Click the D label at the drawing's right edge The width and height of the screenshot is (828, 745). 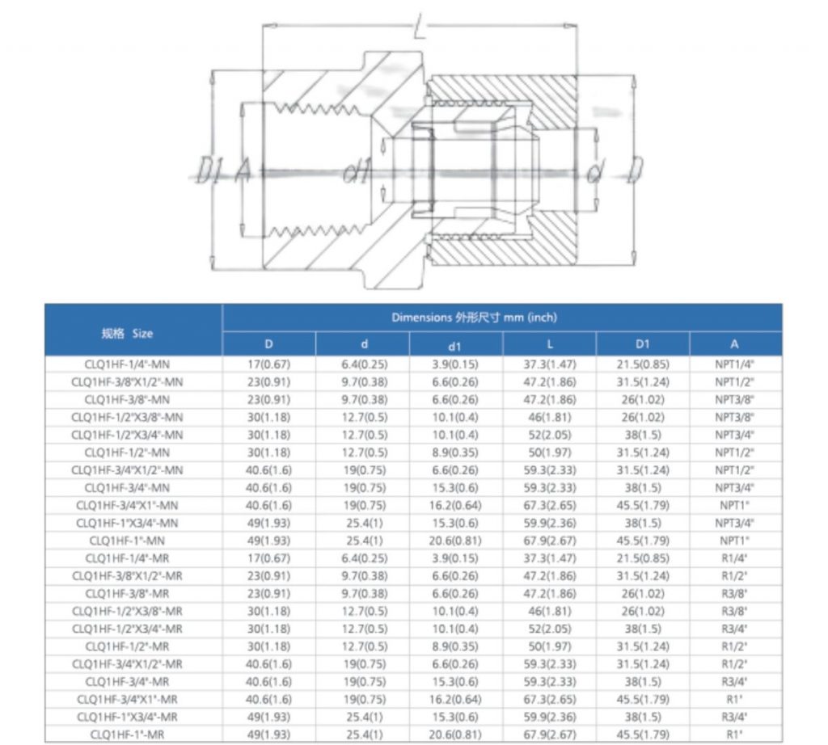636,170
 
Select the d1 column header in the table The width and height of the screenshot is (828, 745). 455,345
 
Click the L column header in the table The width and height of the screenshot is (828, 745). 549,345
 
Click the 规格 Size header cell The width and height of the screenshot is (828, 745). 127,333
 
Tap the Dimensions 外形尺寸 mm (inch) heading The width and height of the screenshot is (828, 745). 474,318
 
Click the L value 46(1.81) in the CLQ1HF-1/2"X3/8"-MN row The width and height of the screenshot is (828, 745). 549,417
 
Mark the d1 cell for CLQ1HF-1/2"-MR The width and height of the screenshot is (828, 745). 455,646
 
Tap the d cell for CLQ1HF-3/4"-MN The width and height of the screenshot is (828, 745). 363,487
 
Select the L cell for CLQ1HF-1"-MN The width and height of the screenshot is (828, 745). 549,540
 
